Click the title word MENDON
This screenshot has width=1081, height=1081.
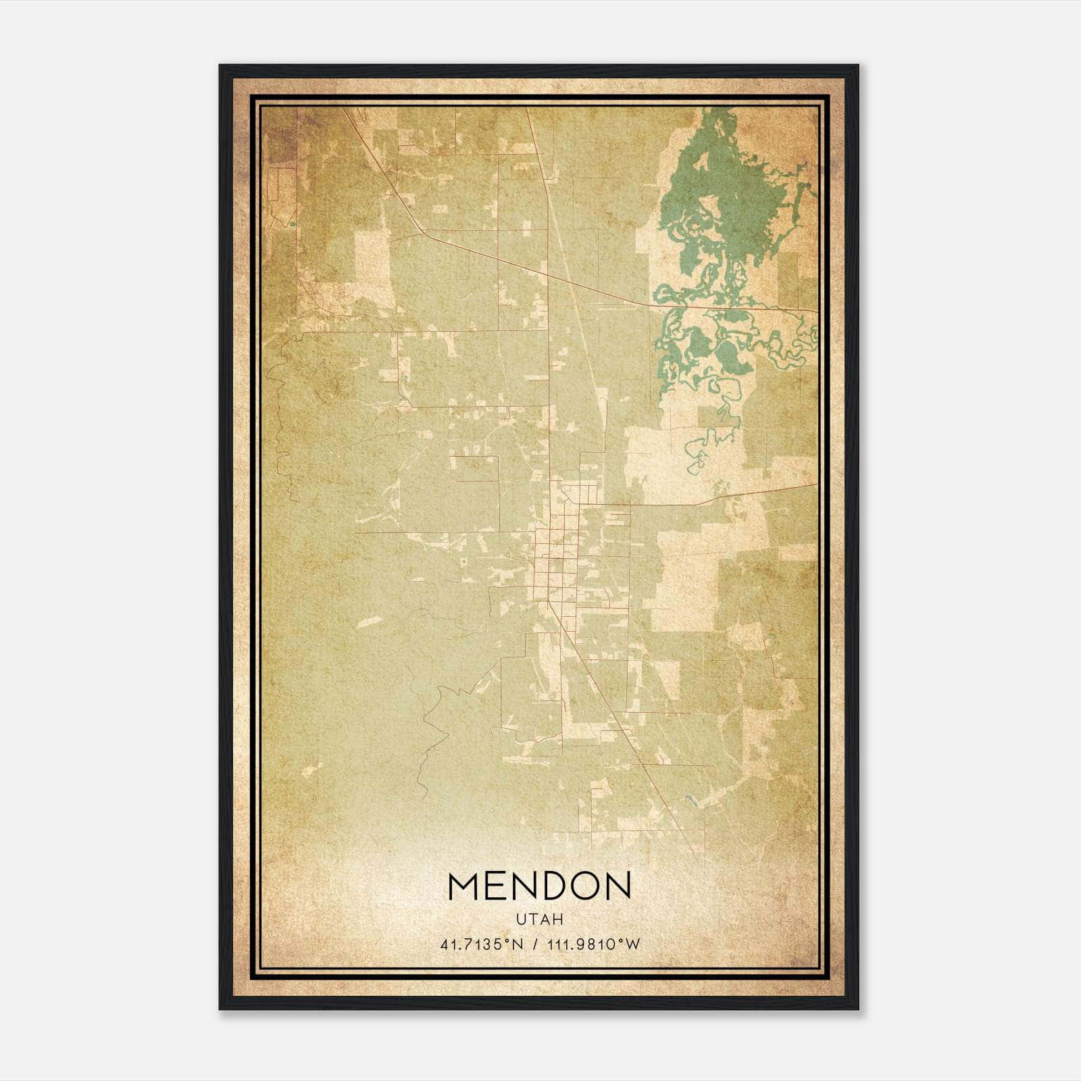click(x=539, y=886)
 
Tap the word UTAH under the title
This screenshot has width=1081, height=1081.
click(x=539, y=920)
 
